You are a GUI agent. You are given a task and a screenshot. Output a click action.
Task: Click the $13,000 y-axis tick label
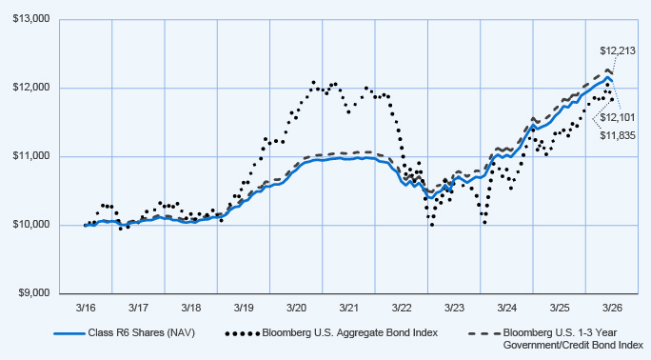click(31, 19)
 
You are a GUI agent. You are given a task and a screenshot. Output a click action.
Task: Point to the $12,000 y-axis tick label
click(31, 88)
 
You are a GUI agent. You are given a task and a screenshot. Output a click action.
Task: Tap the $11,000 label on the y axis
click(31, 156)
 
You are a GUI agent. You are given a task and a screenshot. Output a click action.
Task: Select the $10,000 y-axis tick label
click(31, 225)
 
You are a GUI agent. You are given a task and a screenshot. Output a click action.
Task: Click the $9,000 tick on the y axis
click(34, 293)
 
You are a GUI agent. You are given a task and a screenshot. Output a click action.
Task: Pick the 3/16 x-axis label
click(86, 309)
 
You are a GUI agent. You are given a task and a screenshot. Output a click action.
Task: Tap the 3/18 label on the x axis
click(191, 309)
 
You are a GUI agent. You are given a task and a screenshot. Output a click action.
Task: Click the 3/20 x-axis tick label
click(296, 309)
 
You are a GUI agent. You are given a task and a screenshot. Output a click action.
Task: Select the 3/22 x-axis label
click(402, 309)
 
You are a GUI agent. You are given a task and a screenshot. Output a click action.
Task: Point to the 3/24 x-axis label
click(507, 309)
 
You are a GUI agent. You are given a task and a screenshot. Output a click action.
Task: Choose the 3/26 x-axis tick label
click(612, 309)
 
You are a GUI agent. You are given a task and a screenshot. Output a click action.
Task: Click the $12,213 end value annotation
click(618, 51)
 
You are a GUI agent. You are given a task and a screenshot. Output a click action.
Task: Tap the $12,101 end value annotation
click(618, 118)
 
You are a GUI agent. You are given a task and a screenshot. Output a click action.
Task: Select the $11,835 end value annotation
click(618, 136)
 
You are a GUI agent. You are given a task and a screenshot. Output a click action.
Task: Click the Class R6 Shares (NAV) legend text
click(141, 333)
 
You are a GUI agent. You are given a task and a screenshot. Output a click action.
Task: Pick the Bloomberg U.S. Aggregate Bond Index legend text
click(350, 333)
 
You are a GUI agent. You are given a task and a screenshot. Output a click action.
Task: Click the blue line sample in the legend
click(69, 333)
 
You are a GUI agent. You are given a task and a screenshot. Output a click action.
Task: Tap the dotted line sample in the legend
click(243, 333)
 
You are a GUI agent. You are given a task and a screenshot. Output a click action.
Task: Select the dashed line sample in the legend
click(484, 333)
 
